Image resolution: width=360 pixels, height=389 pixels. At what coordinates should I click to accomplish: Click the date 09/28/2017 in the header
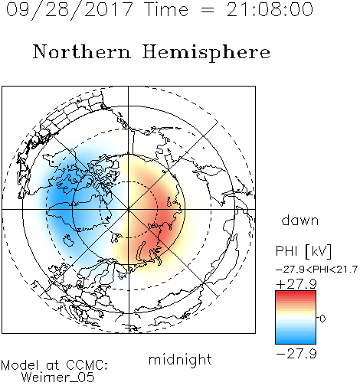coord(69,10)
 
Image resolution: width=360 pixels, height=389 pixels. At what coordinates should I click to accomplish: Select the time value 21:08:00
coord(270,9)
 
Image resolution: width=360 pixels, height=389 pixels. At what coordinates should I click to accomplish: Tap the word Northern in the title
coord(82,52)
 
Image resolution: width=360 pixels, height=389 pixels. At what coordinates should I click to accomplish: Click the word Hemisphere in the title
coord(206,53)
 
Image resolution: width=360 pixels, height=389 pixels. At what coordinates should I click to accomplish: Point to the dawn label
coord(300,220)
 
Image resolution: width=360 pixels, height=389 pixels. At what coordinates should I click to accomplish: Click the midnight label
coord(180,360)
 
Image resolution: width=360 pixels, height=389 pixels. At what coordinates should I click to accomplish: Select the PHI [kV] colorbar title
coord(303,251)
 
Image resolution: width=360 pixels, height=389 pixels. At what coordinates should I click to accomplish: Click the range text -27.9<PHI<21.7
coord(316,270)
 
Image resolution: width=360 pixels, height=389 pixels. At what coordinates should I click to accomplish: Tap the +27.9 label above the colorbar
coord(296,284)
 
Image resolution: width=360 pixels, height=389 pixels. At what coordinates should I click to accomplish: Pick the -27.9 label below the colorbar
coord(296,354)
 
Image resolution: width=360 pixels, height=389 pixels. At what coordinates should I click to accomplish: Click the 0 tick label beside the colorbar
coord(322,319)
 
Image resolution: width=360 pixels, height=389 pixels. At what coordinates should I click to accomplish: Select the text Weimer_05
coord(58,378)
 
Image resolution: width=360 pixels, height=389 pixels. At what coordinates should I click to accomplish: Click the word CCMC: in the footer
coord(87,365)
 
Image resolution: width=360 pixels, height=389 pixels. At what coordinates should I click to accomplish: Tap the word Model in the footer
coord(20,365)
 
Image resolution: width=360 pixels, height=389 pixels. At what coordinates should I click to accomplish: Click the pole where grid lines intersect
coord(129,209)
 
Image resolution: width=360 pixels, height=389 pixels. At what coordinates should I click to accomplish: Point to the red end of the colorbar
coord(296,293)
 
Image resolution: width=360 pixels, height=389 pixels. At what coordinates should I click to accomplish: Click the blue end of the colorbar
coord(296,342)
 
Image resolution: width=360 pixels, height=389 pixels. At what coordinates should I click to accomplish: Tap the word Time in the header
coord(166,9)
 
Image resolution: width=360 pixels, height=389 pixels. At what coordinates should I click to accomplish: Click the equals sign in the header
coord(207,10)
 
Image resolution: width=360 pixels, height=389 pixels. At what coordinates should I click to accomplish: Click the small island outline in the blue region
coord(68,240)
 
